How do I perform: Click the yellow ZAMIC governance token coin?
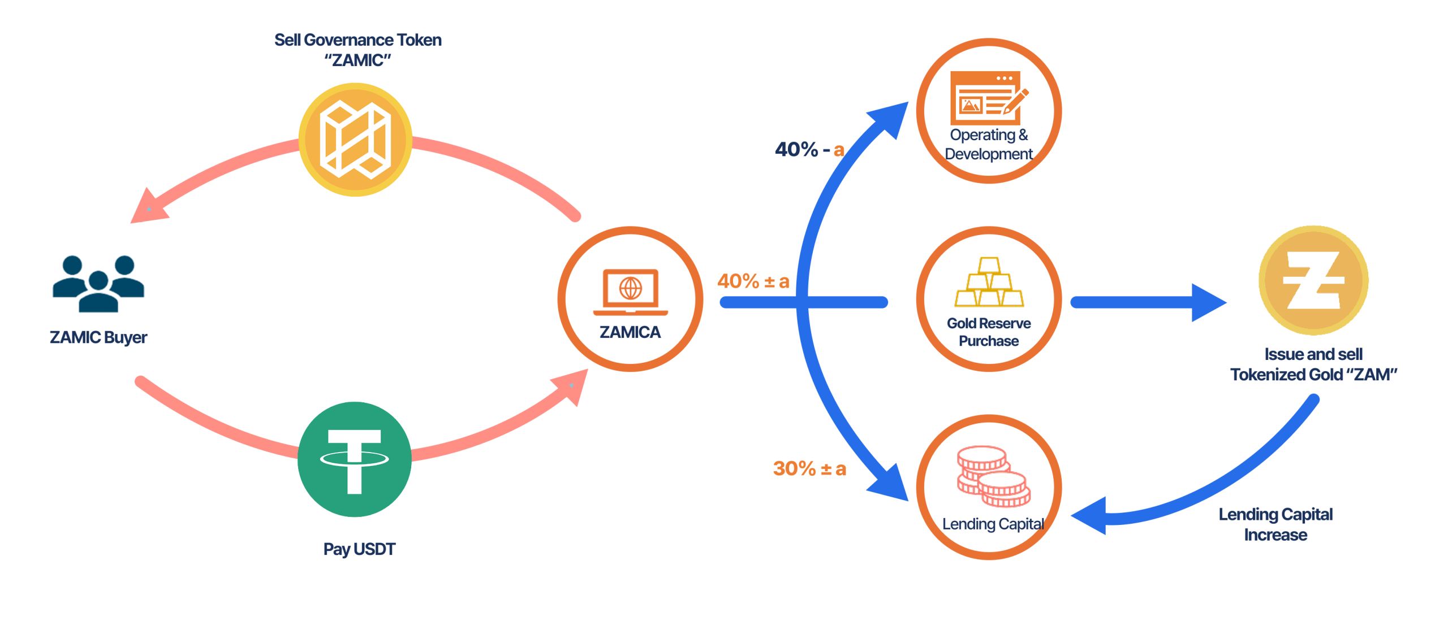point(355,140)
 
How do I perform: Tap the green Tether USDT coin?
point(355,459)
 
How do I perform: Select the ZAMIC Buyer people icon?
point(98,284)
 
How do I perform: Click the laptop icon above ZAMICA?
point(630,291)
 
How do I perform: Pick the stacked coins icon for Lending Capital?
point(993,476)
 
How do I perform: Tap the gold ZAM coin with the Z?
point(1313,280)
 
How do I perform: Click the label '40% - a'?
point(809,150)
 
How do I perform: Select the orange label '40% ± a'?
point(753,281)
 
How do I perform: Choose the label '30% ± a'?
point(809,468)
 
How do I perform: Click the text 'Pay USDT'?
point(359,549)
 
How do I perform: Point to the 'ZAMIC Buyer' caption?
point(98,337)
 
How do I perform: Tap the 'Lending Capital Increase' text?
point(1275,524)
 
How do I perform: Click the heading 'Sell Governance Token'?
point(357,40)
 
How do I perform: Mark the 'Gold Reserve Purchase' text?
point(989,332)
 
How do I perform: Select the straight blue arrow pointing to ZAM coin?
point(1148,303)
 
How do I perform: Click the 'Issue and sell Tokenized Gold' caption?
point(1313,364)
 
